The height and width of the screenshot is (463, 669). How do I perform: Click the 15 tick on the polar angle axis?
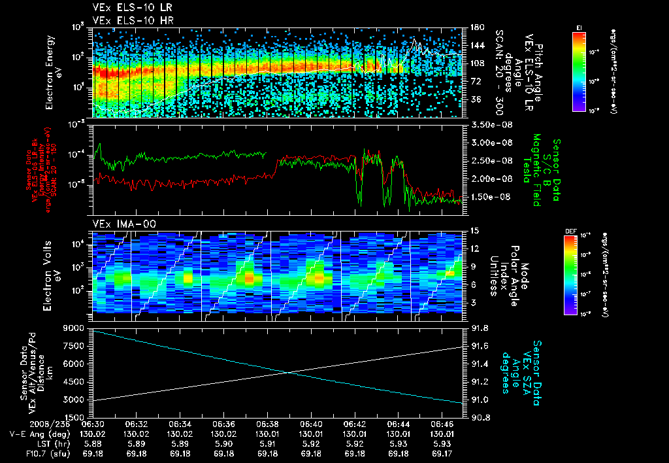point(474,231)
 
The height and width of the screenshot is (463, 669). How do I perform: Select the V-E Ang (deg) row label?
point(37,434)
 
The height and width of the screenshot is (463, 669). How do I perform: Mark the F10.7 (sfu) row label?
point(34,453)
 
